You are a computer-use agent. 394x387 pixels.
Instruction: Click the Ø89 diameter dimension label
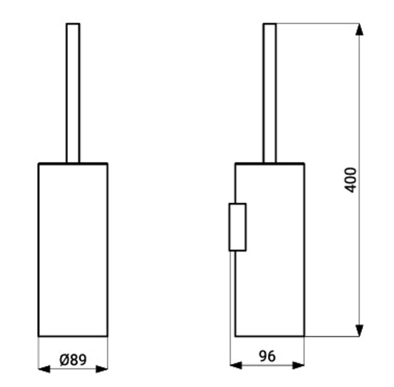pos(73,360)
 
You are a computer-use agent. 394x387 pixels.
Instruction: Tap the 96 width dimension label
pos(267,356)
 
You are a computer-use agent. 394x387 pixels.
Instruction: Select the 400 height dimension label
pos(350,180)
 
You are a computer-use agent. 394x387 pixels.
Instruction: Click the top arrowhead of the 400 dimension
pos(360,29)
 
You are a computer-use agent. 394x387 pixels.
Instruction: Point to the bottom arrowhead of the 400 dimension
pos(360,330)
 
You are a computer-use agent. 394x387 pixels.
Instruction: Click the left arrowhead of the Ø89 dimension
pos(44,369)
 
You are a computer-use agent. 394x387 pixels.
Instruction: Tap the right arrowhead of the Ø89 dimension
pos(102,369)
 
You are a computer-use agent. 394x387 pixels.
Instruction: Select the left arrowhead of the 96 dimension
pos(236,365)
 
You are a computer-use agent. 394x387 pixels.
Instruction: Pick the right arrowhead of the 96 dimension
pos(298,365)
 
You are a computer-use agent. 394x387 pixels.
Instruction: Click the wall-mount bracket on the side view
pos(237,227)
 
